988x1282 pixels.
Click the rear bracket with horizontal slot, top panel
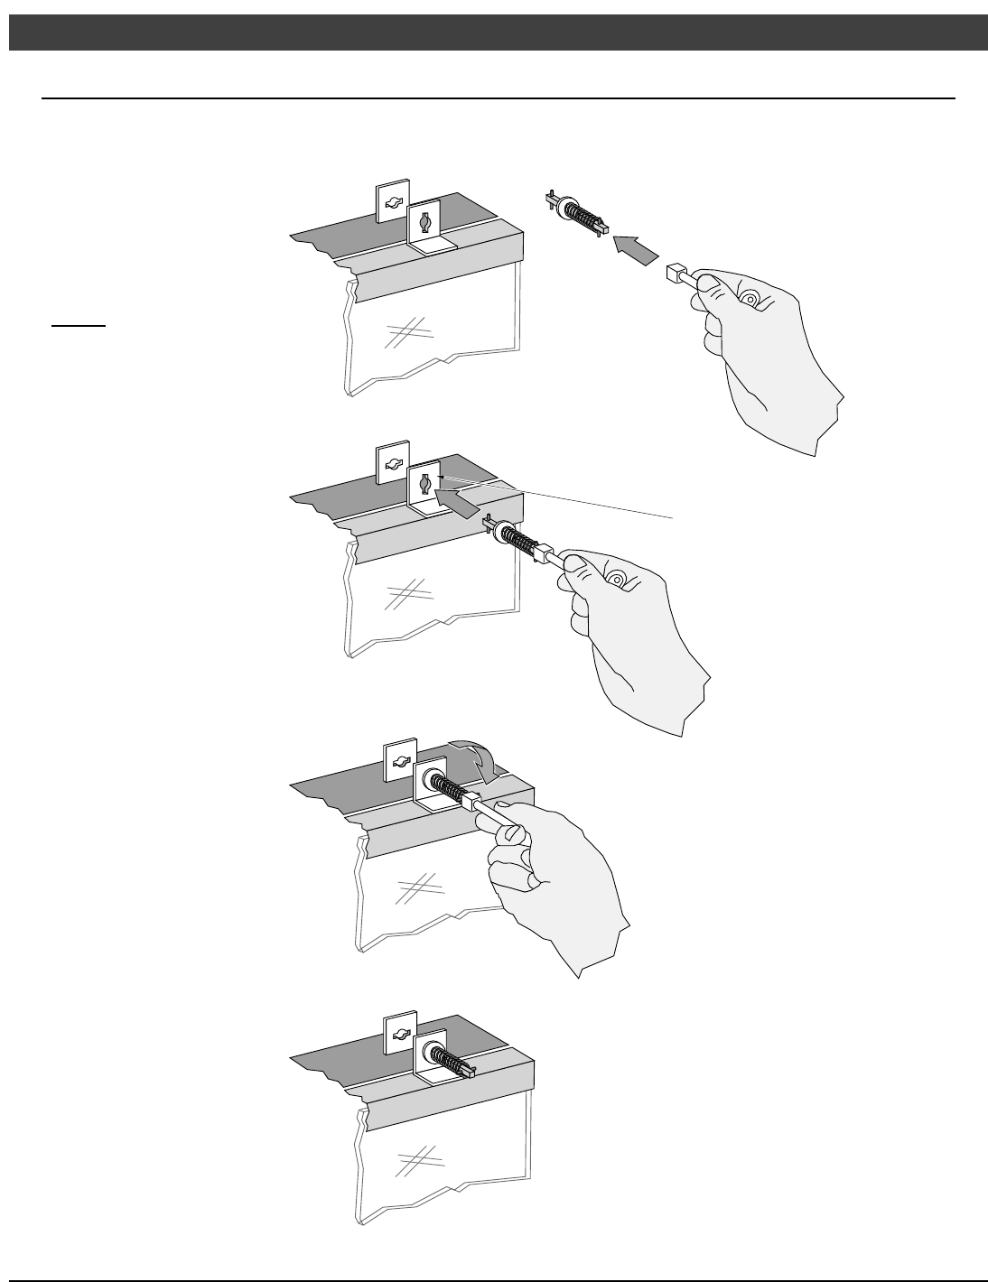point(392,203)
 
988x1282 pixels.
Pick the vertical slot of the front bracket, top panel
point(424,220)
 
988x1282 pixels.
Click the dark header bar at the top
point(494,33)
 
